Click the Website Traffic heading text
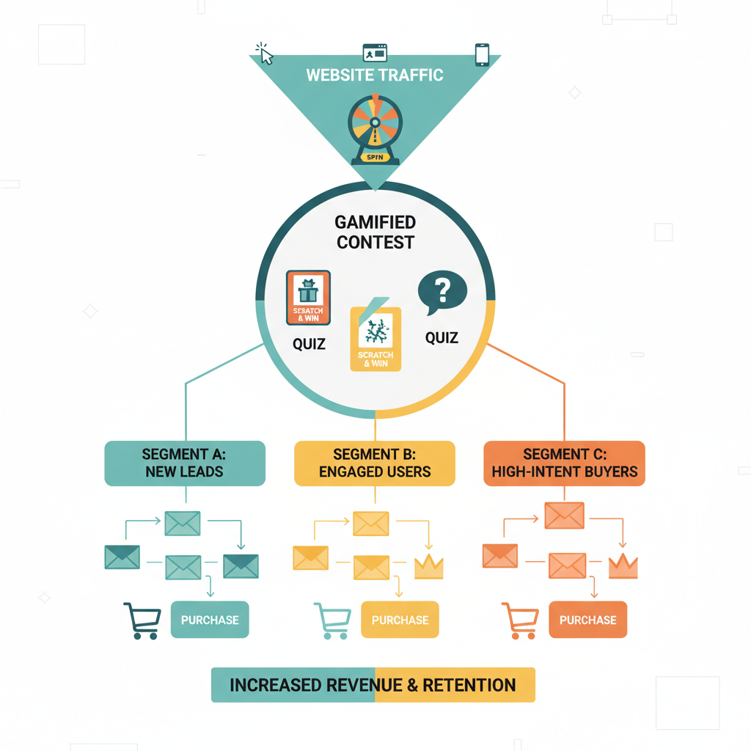(x=374, y=75)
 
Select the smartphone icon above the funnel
(x=482, y=55)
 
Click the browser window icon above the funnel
(x=374, y=53)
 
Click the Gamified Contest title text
(x=375, y=232)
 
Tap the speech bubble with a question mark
(x=442, y=293)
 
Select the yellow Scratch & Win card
(x=375, y=337)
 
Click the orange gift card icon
(x=308, y=298)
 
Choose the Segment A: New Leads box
(x=185, y=463)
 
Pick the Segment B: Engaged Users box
(x=375, y=463)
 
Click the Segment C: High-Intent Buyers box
(x=564, y=463)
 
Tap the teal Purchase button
(x=210, y=620)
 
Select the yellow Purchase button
(x=400, y=620)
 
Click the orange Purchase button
(x=587, y=620)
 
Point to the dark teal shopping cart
(x=142, y=620)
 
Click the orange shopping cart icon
(x=519, y=620)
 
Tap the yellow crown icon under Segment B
(x=429, y=566)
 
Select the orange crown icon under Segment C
(x=623, y=565)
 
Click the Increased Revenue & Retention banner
(x=373, y=685)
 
